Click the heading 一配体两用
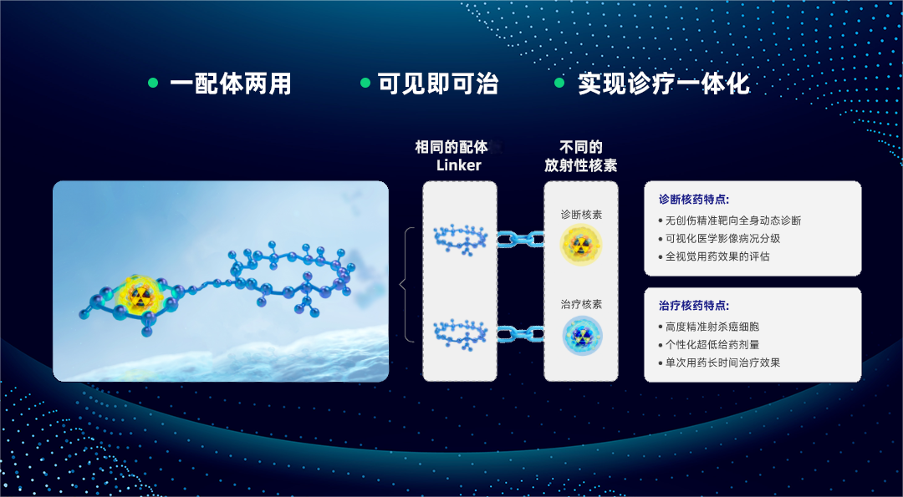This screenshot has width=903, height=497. (x=231, y=84)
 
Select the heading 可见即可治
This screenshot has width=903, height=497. (x=438, y=84)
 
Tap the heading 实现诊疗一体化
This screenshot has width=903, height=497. (x=664, y=84)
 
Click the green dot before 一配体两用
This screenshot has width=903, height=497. (x=153, y=83)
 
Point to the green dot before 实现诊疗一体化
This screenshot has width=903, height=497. (x=559, y=83)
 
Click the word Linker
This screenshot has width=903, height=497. (x=459, y=165)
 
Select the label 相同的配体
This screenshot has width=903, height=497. (x=451, y=148)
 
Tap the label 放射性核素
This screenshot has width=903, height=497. (x=581, y=165)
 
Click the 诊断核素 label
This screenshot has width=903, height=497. (x=581, y=215)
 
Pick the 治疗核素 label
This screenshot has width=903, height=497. (x=581, y=305)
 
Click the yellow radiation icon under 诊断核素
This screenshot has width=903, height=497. (x=581, y=244)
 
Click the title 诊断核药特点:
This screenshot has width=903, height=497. (x=694, y=200)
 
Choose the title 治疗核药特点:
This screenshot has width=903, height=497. (x=694, y=307)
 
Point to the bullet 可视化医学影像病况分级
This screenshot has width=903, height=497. (x=722, y=239)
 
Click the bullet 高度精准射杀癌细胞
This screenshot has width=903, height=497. (x=712, y=327)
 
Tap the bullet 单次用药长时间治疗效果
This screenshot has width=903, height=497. (x=722, y=363)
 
